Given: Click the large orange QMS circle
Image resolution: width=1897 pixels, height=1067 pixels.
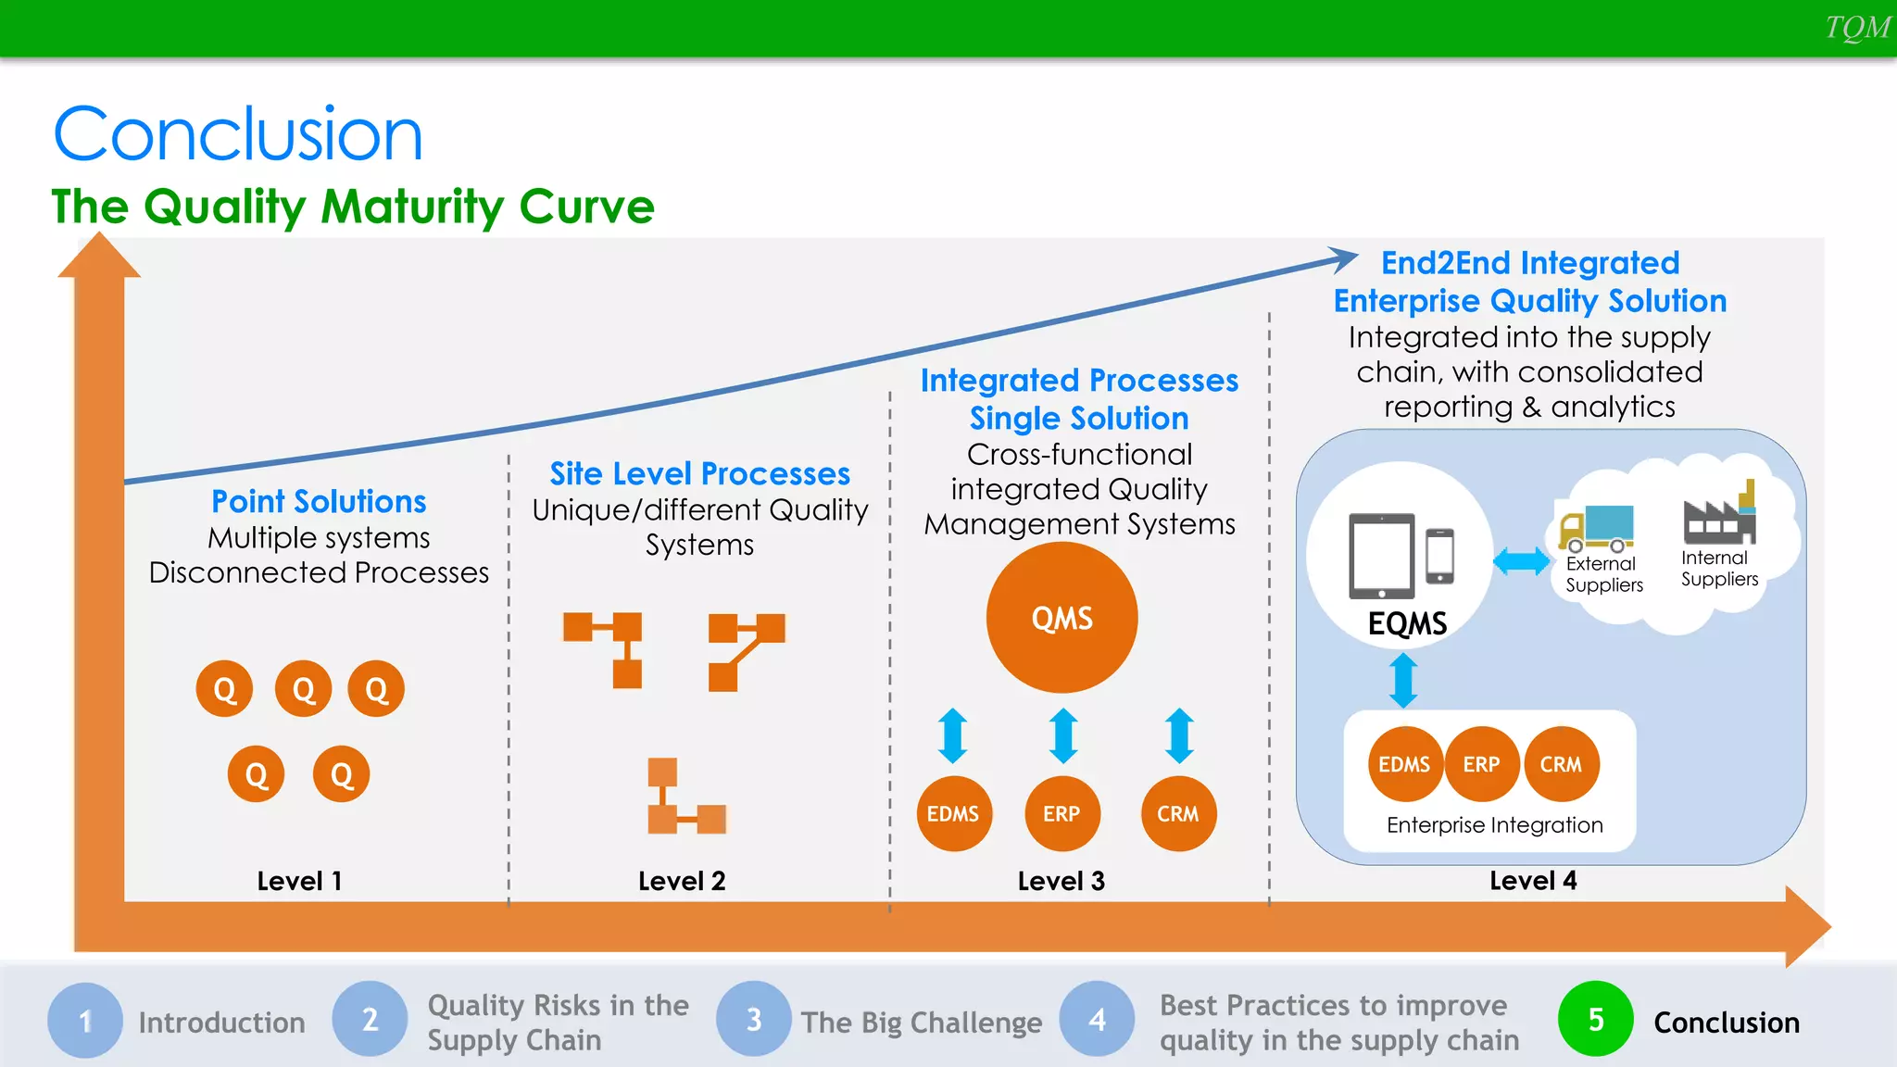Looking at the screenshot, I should [x=1062, y=618].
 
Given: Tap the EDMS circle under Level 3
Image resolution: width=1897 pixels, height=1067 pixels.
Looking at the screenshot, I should [x=953, y=813].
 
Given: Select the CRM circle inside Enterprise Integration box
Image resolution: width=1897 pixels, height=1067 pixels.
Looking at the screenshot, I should [x=1561, y=764].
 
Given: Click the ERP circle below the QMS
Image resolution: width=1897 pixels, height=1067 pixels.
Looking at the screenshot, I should [x=1062, y=813].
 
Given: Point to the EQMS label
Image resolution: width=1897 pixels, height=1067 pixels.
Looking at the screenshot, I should [x=1407, y=623].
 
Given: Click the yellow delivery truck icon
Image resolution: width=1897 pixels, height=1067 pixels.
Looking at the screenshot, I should [x=1595, y=528].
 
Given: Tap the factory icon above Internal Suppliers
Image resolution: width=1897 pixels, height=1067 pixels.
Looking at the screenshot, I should [x=1720, y=515].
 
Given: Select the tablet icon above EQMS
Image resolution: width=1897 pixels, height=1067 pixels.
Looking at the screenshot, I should [x=1382, y=556].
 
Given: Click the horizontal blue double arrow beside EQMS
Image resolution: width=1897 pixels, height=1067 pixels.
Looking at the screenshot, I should [x=1521, y=561].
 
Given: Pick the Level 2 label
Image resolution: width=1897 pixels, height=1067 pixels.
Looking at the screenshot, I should [x=682, y=881].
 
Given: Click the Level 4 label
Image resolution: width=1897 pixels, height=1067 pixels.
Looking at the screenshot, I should [x=1533, y=881].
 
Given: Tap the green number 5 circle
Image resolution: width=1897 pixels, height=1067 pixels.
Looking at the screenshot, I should [x=1595, y=1020].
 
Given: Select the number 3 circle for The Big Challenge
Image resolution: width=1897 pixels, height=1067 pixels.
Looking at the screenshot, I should [x=754, y=1020].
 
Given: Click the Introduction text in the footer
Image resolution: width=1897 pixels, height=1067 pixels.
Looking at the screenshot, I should [x=221, y=1023].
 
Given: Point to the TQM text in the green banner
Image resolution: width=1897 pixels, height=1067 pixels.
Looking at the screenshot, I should [x=1856, y=28].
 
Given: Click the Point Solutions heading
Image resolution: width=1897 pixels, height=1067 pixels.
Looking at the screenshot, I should [x=319, y=501].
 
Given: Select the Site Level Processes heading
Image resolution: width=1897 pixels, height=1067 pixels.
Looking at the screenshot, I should [x=699, y=473].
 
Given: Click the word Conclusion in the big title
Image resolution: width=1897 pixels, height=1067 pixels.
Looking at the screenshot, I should [x=238, y=135].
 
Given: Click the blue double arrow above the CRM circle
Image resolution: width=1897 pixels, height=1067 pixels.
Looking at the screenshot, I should [x=1178, y=735].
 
